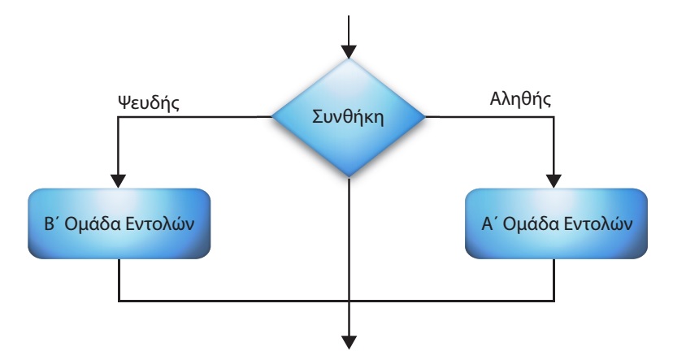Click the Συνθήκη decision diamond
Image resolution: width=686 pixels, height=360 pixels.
(348, 117)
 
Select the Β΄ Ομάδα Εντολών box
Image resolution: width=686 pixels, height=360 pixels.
(119, 224)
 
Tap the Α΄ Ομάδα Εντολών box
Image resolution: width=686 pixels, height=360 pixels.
(556, 224)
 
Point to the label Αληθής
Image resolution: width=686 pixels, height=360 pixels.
(521, 101)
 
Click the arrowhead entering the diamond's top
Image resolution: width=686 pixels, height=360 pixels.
(348, 50)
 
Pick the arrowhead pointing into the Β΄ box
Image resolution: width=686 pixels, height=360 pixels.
(119, 180)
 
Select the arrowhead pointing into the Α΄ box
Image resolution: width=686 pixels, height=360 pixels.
(556, 180)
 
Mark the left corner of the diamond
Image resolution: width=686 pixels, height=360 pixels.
(271, 117)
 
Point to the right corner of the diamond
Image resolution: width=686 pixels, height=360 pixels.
(424, 117)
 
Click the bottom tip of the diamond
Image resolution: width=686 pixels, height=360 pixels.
(348, 176)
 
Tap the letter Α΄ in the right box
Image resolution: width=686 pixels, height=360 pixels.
(489, 224)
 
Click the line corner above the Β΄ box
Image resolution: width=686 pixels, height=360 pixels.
(119, 117)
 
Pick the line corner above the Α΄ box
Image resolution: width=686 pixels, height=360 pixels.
(556, 117)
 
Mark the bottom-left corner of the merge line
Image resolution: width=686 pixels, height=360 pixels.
(119, 301)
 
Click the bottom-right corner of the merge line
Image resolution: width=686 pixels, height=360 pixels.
(556, 301)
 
